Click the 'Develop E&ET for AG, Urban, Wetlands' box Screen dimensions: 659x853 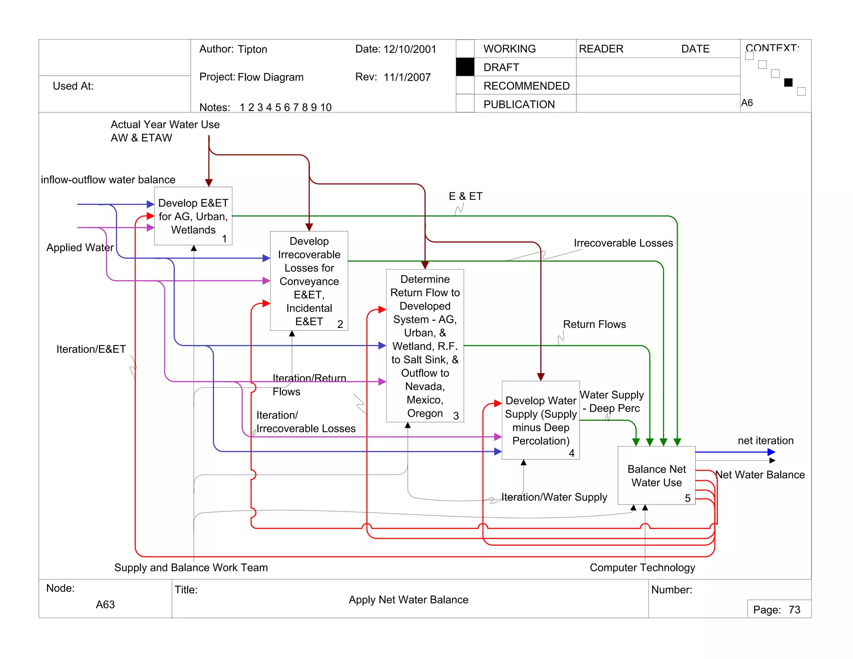pos(193,216)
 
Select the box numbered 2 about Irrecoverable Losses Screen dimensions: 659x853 pos(309,281)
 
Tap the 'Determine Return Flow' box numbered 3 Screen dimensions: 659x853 pos(425,346)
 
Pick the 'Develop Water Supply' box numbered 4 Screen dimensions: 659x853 pos(541,420)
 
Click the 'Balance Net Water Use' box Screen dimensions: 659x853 pos(656,476)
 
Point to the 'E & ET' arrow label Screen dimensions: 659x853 pos(466,196)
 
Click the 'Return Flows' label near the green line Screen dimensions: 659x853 pos(594,325)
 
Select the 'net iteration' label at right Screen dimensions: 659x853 pos(766,441)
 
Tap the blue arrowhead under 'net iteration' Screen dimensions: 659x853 pos(771,452)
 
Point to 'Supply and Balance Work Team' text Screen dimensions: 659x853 pos(191,568)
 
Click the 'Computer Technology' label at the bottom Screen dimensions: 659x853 pos(642,568)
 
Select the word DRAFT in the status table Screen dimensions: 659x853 pos(501,67)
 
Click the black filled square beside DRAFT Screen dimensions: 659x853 pos(465,67)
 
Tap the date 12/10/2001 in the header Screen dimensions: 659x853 pos(410,49)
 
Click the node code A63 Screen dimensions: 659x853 pos(105,604)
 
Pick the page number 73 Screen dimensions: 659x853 pos(794,610)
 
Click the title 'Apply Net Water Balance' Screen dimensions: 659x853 pos(408,600)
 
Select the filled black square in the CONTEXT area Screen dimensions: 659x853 pos(788,82)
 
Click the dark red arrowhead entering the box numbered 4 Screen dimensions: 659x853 pos(541,377)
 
